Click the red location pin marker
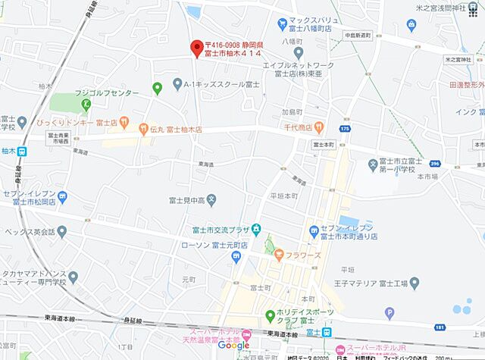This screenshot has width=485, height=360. (196, 46)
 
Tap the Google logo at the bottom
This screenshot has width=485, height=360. (233, 346)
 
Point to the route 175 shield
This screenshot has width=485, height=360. (346, 129)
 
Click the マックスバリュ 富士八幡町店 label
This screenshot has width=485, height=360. (315, 23)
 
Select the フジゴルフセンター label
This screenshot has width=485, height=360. (107, 92)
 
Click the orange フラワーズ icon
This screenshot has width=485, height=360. (279, 254)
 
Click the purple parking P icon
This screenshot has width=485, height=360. (390, 311)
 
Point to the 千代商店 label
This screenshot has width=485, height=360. (296, 127)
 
